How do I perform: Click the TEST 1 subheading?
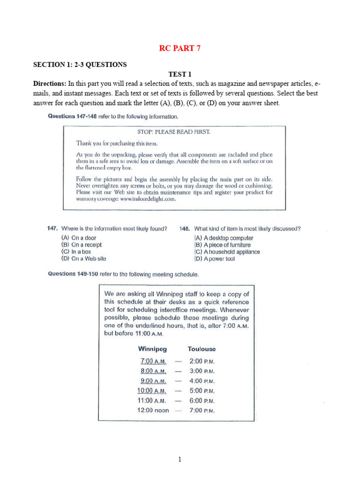180,74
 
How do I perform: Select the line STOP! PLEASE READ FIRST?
173,132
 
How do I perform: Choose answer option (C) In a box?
76,252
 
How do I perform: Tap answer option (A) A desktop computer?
224,238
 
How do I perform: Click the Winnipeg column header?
152,349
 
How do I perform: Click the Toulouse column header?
202,349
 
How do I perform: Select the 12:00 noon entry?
153,411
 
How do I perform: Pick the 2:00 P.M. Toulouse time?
202,361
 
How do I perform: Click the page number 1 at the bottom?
180,459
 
